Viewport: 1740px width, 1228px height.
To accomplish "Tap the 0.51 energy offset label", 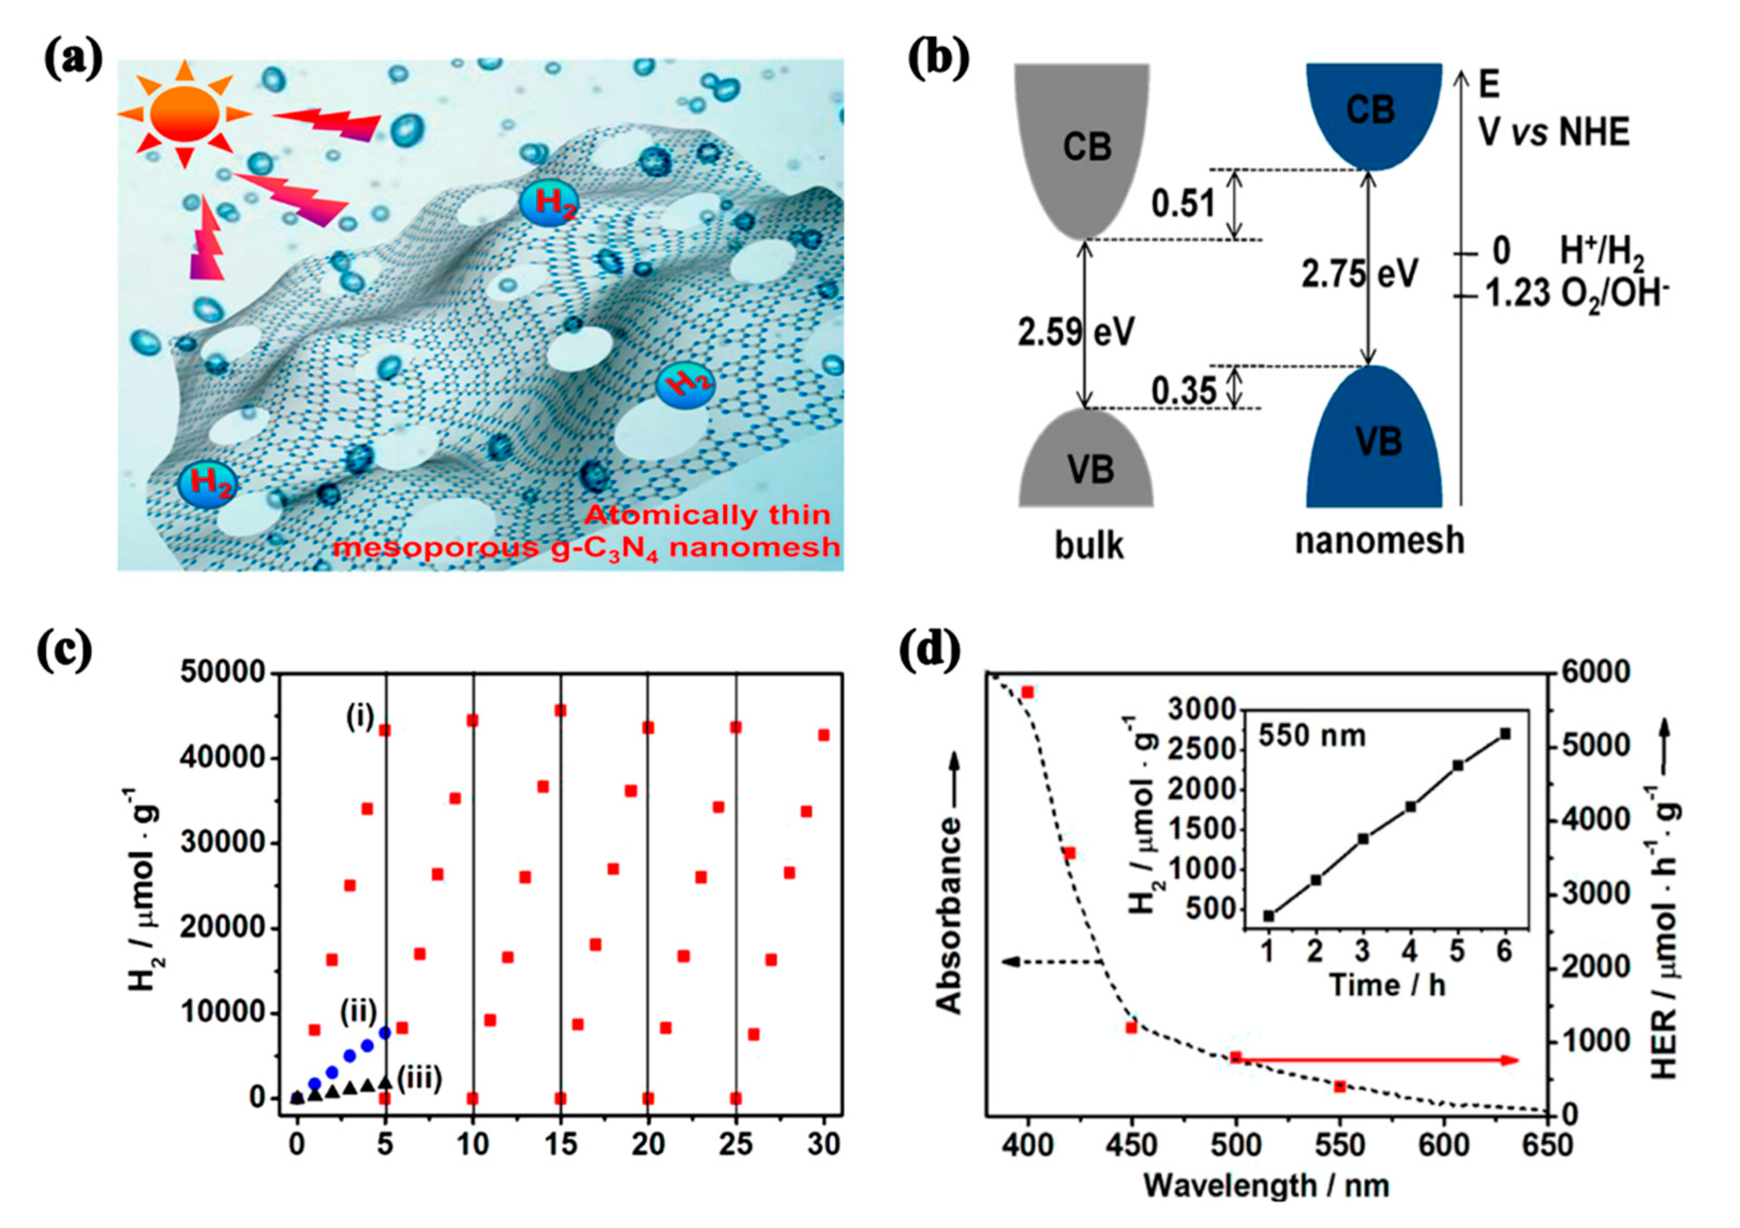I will [x=1183, y=203].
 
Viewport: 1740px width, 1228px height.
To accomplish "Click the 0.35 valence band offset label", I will [x=1184, y=390].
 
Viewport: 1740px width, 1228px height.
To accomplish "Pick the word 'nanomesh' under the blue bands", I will [x=1379, y=540].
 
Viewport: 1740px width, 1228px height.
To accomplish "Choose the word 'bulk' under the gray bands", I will [x=1089, y=545].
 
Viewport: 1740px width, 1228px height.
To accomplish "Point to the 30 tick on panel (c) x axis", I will [x=824, y=1144].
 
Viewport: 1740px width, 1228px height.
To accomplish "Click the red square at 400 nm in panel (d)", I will [x=1028, y=692].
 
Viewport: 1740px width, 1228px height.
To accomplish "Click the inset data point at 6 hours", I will [x=1505, y=734].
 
